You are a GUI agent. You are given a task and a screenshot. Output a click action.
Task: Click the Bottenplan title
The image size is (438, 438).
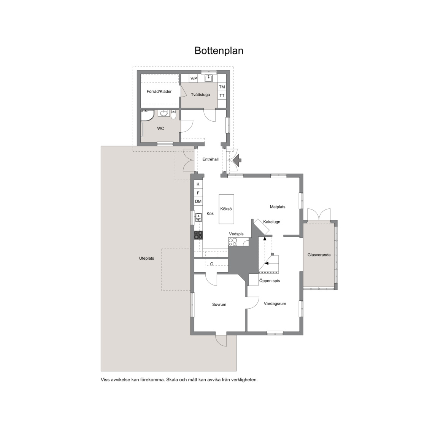pos(219,51)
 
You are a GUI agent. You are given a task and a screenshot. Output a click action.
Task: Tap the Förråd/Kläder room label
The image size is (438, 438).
pos(159,91)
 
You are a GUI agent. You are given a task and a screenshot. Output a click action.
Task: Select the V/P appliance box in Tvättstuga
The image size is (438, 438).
pos(194,78)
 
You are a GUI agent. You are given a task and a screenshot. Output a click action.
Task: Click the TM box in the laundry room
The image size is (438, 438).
pos(222,87)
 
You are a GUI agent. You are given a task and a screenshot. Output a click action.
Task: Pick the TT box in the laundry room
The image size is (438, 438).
pos(222,95)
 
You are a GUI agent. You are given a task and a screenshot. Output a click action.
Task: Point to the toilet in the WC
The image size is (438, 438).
pos(173,114)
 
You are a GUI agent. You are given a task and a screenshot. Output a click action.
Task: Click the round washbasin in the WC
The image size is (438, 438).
pos(163,113)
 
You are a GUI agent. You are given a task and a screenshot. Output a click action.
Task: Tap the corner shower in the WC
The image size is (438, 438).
pos(147,116)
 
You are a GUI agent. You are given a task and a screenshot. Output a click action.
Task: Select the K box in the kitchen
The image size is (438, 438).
pos(198,184)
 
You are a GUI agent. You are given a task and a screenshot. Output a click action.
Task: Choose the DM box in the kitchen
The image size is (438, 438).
pos(198,202)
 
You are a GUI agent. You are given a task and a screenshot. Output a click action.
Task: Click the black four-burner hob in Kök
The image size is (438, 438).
pos(198,235)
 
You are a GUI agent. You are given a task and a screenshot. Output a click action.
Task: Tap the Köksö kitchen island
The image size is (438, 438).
pos(226,209)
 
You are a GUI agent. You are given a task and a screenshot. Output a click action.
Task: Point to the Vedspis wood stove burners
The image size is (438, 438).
pos(233,242)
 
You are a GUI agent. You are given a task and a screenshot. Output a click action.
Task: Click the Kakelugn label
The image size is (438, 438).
pos(271,222)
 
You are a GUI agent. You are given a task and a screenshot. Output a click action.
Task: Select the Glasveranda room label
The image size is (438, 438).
pos(319,255)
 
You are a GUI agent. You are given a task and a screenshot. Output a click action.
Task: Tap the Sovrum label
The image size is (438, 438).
pos(219,305)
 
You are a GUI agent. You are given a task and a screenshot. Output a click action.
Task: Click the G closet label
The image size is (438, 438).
pos(212,264)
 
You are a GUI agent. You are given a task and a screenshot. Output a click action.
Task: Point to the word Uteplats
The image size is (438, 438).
pos(146,259)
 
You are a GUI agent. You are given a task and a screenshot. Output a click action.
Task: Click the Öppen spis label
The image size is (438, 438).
pos(269,281)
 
